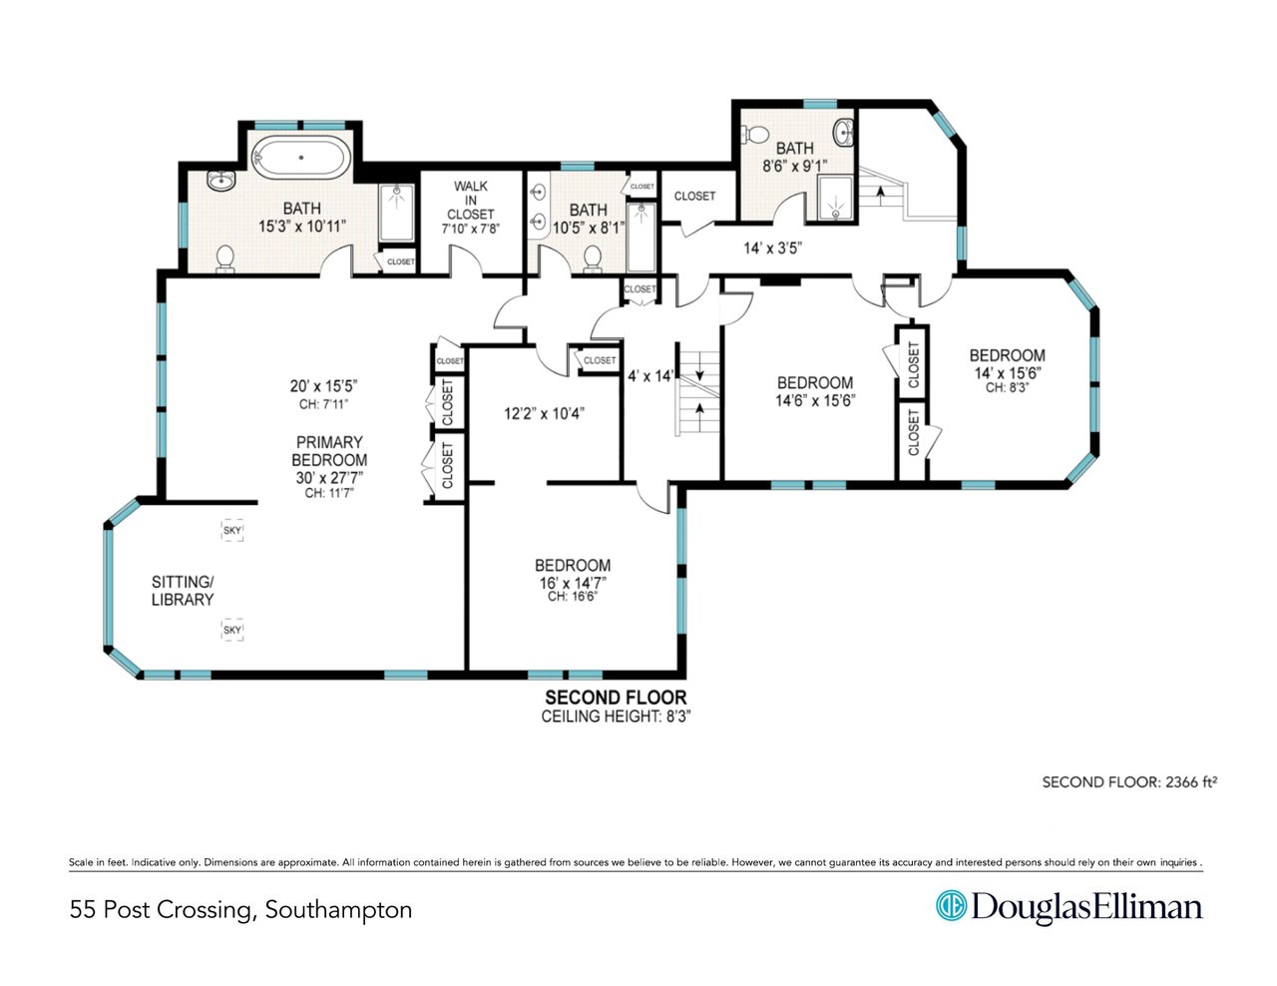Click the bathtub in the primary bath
(300, 158)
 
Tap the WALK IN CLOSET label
(470, 200)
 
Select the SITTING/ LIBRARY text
(183, 591)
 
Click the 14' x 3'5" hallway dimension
(773, 247)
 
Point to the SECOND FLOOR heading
(616, 698)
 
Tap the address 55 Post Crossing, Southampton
(241, 909)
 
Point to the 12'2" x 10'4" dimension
(544, 414)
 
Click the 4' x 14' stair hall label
(650, 375)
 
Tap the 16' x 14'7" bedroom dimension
(573, 583)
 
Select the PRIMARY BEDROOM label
(329, 451)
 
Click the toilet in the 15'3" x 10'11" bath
(225, 259)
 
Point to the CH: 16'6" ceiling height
(573, 597)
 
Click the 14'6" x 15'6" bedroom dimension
(815, 401)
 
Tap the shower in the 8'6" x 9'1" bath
(835, 198)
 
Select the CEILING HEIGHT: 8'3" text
(616, 717)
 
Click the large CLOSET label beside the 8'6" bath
(694, 196)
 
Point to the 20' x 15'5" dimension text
(324, 386)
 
